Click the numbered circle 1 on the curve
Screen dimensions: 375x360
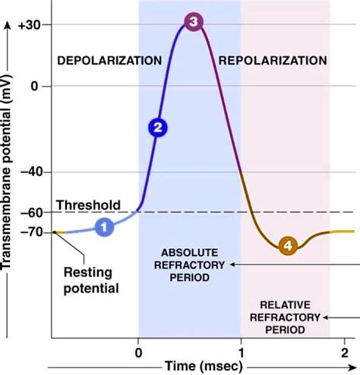104,225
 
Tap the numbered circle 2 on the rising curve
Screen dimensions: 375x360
156,128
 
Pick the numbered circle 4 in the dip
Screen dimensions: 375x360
287,245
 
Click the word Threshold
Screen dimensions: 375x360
88,205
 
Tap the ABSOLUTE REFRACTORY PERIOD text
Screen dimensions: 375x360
185,264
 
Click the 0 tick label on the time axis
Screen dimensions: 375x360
138,351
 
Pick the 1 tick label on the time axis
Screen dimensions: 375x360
241,351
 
